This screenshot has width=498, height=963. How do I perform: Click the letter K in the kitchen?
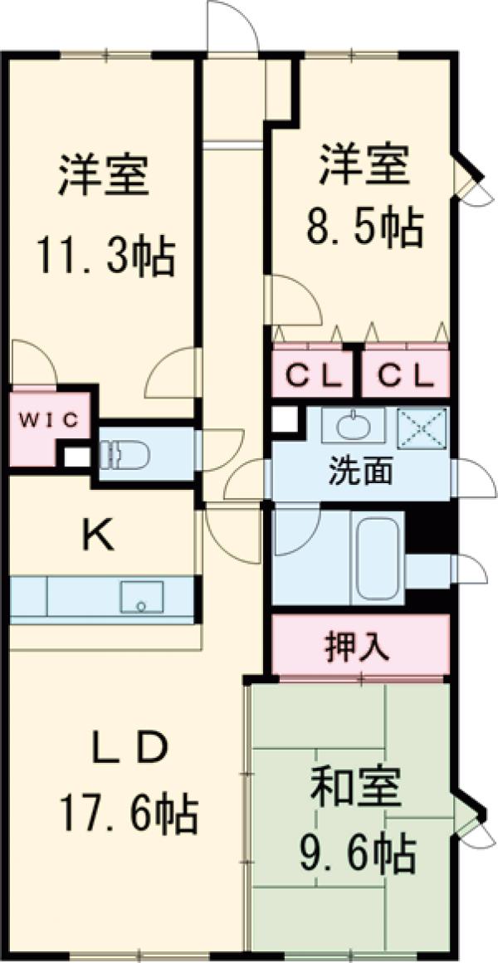pos(98,538)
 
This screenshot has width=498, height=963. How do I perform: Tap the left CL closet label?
pos(314,376)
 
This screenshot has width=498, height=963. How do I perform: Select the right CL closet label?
pos(405,376)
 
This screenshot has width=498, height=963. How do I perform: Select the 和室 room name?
pos(357,789)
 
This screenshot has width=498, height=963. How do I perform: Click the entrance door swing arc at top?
pos(233,27)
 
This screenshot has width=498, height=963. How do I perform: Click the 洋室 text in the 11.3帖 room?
pos(103,177)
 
